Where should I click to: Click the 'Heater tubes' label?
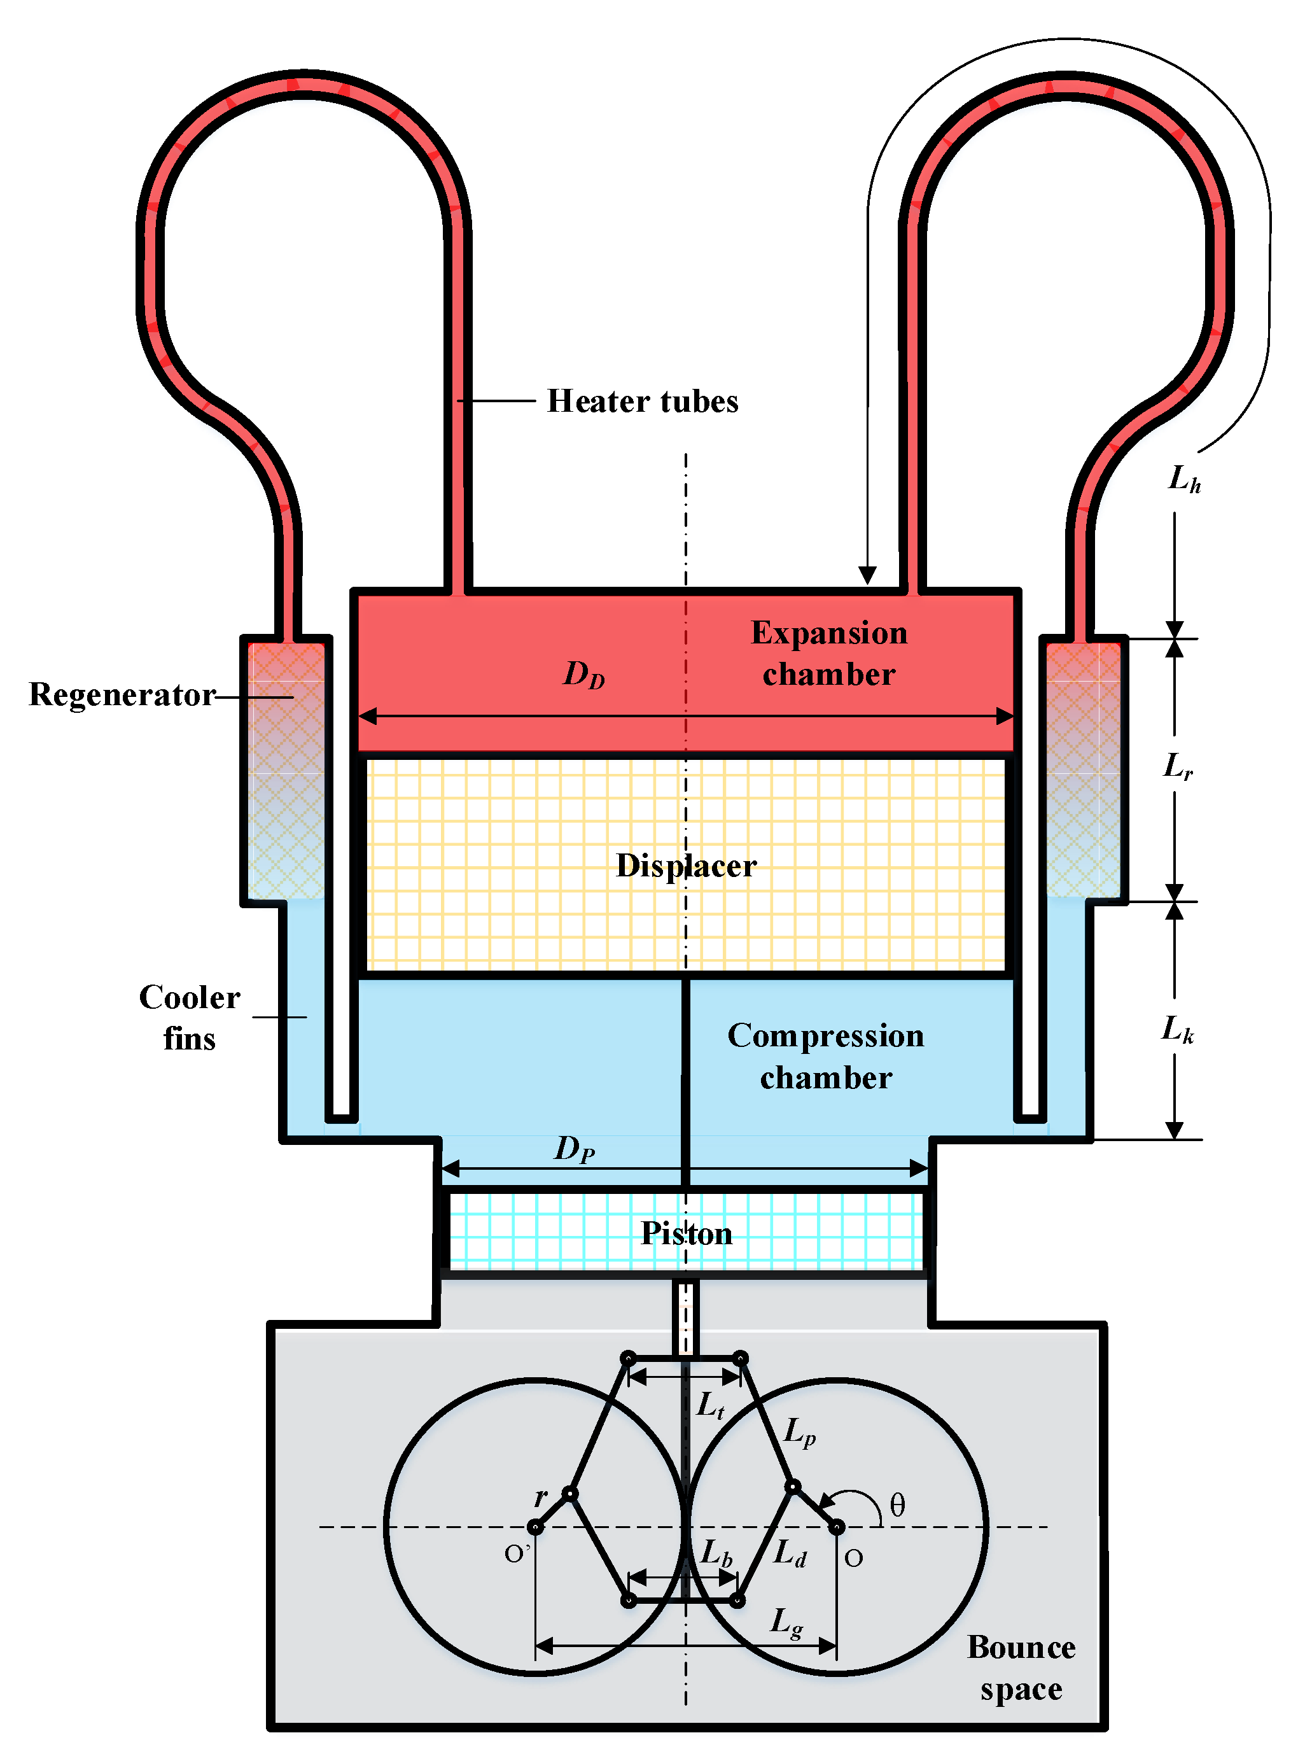pyautogui.click(x=642, y=402)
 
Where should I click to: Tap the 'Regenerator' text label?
pyautogui.click(x=122, y=694)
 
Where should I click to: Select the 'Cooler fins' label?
pyautogui.click(x=190, y=1018)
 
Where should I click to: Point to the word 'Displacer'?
pyautogui.click(x=686, y=866)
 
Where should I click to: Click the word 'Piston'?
pyautogui.click(x=686, y=1233)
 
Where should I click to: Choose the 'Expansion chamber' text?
pyautogui.click(x=828, y=654)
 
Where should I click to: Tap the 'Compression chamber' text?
pyautogui.click(x=825, y=1056)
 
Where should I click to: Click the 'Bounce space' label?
pyautogui.click(x=1021, y=1668)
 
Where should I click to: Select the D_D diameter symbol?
pyautogui.click(x=583, y=674)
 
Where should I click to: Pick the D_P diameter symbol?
pyautogui.click(x=575, y=1149)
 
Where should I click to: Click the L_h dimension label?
pyautogui.click(x=1184, y=479)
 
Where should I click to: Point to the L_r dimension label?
pyautogui.click(x=1178, y=766)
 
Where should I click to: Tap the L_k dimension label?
pyautogui.click(x=1177, y=1029)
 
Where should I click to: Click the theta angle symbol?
pyautogui.click(x=897, y=1505)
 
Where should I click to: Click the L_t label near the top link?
pyautogui.click(x=710, y=1405)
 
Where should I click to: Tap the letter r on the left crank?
pyautogui.click(x=541, y=1496)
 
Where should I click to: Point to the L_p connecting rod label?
pyautogui.click(x=799, y=1431)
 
